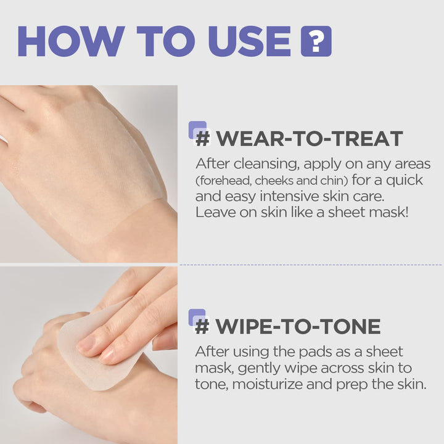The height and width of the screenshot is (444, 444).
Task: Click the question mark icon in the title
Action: tap(316, 41)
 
